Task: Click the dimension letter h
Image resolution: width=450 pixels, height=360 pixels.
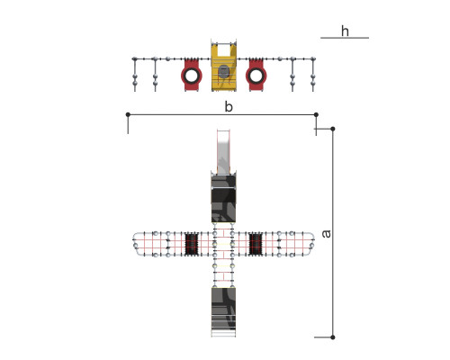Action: click(x=345, y=31)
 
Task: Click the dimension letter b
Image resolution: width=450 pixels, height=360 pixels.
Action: click(x=229, y=106)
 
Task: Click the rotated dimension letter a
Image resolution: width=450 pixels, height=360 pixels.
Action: click(x=326, y=234)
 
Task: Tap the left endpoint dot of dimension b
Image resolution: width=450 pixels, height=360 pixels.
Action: click(x=128, y=114)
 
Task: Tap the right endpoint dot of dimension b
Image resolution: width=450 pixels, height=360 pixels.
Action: click(x=316, y=114)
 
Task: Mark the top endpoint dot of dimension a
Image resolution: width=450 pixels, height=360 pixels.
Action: click(x=333, y=129)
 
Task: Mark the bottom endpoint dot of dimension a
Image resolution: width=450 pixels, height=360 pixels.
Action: click(x=333, y=337)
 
